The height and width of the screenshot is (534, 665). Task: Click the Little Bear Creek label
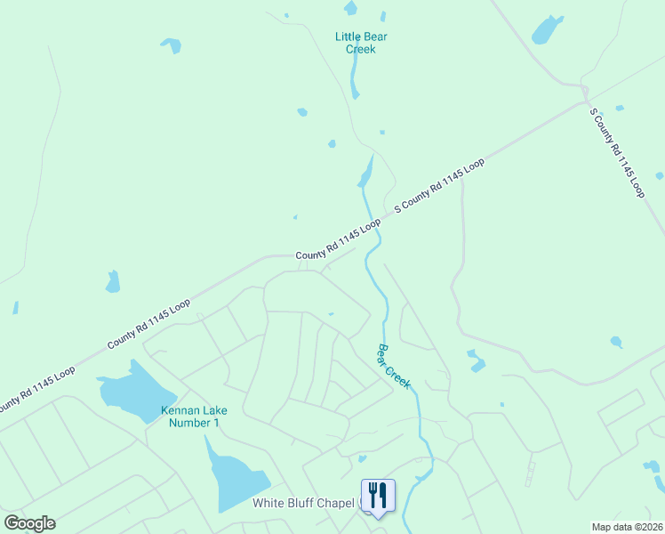pyautogui.click(x=361, y=43)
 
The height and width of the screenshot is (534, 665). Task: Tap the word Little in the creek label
pyautogui.click(x=349, y=36)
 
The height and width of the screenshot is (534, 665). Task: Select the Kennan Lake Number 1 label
pyautogui.click(x=194, y=417)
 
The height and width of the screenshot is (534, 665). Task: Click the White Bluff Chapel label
pyautogui.click(x=304, y=503)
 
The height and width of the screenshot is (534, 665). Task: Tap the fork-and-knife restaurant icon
pyautogui.click(x=378, y=496)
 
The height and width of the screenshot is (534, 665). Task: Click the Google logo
pyautogui.click(x=29, y=523)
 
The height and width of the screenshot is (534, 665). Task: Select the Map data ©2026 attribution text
pyautogui.click(x=627, y=527)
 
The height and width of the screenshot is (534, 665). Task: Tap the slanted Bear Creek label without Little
pyautogui.click(x=394, y=366)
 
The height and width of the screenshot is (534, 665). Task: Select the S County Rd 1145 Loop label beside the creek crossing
pyautogui.click(x=439, y=184)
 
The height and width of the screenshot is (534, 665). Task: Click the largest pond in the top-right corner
pyautogui.click(x=546, y=30)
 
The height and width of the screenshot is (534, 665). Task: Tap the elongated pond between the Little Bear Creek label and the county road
pyautogui.click(x=365, y=172)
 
